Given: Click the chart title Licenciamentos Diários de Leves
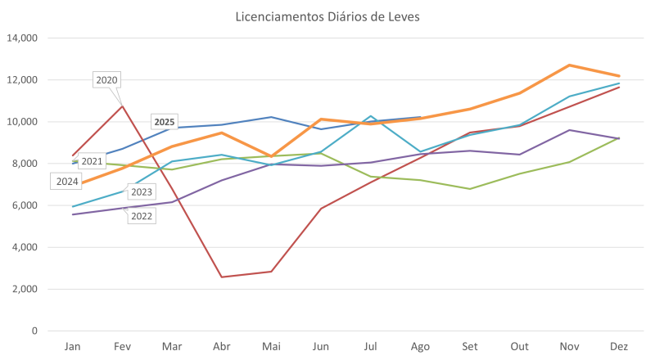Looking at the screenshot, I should click(327, 17).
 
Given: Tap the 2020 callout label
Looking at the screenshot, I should click(107, 79).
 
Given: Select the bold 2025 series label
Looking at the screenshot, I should click(165, 122).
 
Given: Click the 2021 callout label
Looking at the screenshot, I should click(92, 161).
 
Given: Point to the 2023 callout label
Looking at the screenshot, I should click(141, 191).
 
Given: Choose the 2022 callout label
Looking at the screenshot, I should click(142, 216).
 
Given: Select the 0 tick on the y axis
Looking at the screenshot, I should click(34, 331).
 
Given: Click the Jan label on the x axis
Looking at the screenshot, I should click(73, 347).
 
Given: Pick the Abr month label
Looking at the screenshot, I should click(222, 347).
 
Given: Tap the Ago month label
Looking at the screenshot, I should click(420, 347).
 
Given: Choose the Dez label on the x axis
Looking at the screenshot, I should click(619, 347).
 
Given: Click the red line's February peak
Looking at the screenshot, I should click(123, 105).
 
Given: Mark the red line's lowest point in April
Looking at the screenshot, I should click(222, 277).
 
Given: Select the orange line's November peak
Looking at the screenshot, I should click(569, 65).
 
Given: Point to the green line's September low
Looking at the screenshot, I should click(470, 188).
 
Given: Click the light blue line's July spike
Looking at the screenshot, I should click(371, 116).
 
